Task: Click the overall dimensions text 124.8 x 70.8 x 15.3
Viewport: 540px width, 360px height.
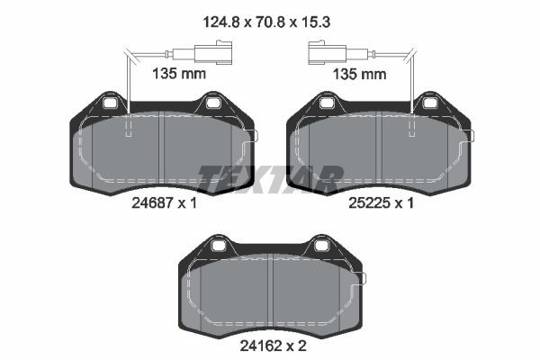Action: (266, 22)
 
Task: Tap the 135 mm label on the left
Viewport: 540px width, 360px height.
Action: (179, 74)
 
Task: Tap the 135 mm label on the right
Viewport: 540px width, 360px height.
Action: (359, 74)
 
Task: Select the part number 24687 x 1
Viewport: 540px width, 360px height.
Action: (164, 202)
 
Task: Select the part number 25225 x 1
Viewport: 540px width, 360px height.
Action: (381, 202)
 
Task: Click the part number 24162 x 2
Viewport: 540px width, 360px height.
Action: (273, 346)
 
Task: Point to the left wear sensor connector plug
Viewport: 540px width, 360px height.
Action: (212, 52)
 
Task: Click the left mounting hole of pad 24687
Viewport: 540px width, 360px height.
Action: (111, 103)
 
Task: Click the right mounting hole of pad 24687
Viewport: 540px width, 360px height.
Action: (212, 103)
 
